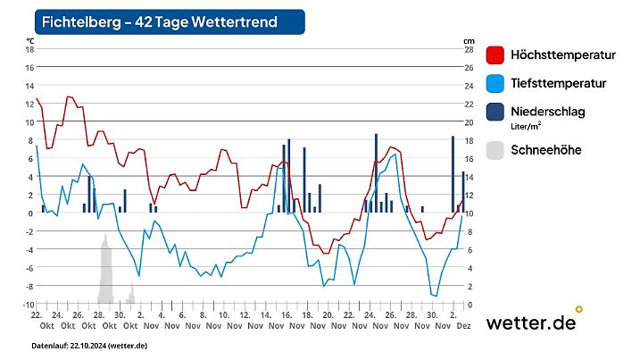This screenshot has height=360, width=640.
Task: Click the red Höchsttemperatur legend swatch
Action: (x=495, y=55)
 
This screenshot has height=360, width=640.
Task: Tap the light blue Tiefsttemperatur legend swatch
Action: (x=495, y=84)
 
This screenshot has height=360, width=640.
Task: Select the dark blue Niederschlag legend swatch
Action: (x=495, y=113)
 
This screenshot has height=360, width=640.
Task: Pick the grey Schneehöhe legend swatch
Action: (x=495, y=150)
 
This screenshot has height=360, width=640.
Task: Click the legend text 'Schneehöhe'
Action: (x=545, y=150)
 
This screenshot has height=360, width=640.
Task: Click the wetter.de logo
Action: (x=532, y=322)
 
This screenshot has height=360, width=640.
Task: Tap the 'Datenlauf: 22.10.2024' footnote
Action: (x=89, y=346)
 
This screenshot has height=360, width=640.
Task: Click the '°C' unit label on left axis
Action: (x=29, y=40)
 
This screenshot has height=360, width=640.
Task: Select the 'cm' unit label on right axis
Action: (x=468, y=40)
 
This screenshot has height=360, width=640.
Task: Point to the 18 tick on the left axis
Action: (x=29, y=49)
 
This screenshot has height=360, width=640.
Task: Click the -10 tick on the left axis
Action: (x=27, y=305)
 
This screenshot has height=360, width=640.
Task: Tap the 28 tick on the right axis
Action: (x=468, y=49)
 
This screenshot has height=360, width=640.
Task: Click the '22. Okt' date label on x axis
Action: (x=37, y=320)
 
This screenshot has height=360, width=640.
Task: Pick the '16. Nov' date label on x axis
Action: (x=287, y=320)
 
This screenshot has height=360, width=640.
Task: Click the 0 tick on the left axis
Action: (x=29, y=213)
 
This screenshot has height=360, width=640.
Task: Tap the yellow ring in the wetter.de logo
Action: (x=578, y=309)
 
